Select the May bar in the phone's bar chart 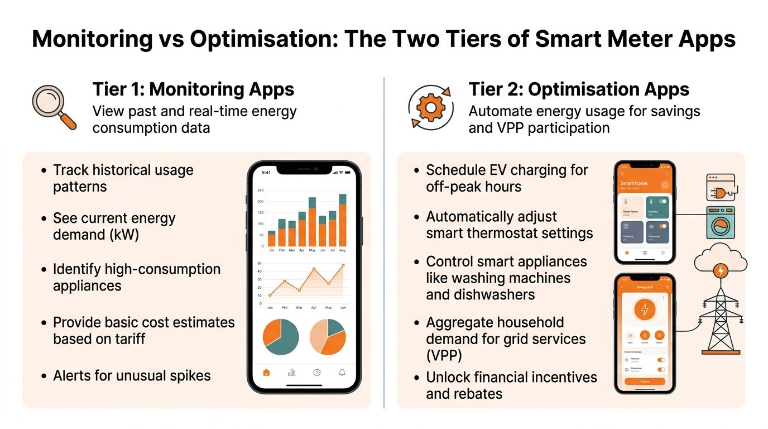coord(313,222)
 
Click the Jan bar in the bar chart coord(272,239)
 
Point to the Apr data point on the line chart coord(314,269)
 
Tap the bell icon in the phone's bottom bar coord(342,373)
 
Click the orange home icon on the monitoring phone coord(266,373)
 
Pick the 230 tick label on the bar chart coord(260,190)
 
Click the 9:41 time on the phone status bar coord(266,173)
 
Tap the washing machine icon coord(721,223)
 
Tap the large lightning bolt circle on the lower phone coord(645,309)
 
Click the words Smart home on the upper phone coord(633,183)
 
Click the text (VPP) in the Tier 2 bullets coord(444,355)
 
